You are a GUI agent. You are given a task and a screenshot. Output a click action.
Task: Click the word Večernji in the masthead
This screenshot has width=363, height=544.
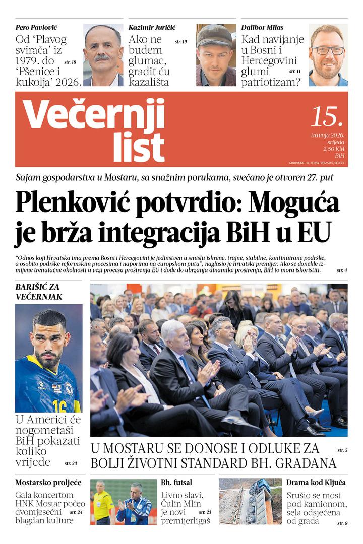[x=94, y=114]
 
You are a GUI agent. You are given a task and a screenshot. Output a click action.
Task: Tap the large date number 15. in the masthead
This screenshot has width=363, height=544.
[x=327, y=116]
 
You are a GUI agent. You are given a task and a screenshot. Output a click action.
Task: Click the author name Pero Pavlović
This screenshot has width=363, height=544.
[x=36, y=27]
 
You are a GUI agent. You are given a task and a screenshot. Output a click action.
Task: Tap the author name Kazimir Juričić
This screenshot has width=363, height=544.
[x=152, y=27]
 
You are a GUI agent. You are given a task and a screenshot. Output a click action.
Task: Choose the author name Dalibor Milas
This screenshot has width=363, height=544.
[x=262, y=27]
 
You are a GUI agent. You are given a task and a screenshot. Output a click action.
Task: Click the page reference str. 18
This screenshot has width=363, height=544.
[x=70, y=62]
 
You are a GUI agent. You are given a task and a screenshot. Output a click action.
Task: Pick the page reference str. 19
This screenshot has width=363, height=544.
[x=180, y=41]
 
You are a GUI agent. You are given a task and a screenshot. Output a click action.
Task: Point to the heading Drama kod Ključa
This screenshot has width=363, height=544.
[x=316, y=482]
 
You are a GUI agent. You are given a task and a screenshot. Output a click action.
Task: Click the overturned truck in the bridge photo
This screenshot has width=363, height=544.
[x=256, y=502]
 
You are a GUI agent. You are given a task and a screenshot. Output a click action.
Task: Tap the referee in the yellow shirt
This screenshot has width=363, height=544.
[x=104, y=504]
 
